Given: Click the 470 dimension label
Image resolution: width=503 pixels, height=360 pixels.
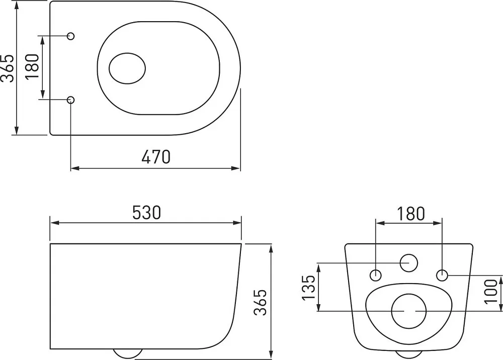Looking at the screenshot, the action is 156,157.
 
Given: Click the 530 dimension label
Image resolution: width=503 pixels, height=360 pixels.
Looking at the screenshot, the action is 146,213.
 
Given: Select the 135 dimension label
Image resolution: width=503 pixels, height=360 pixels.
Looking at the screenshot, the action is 309,288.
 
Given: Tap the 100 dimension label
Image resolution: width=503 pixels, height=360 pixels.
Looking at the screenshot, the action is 490,291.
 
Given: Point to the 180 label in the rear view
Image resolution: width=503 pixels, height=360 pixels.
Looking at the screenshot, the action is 410,214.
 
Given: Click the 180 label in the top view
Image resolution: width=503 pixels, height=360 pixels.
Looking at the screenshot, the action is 32,67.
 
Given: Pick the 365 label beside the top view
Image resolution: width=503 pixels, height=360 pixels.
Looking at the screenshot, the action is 7,68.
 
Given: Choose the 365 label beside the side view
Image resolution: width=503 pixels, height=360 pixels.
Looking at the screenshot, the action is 260,302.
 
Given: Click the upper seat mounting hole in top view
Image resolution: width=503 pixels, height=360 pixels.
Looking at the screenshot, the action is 70,36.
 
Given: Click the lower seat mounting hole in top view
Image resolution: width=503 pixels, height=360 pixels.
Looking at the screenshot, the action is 70,100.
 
